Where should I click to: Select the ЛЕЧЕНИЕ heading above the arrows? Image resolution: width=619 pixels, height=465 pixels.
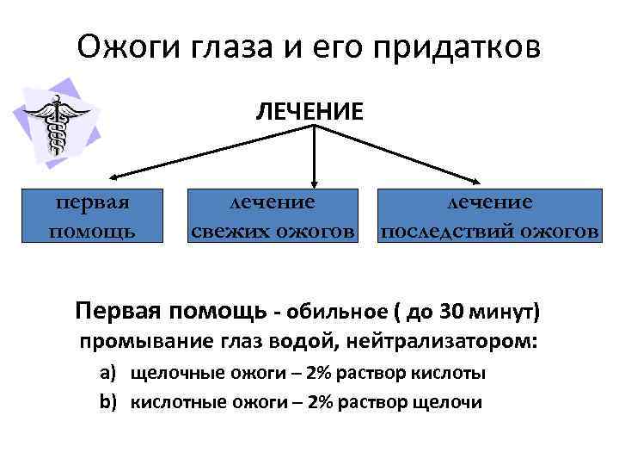(x=308, y=110)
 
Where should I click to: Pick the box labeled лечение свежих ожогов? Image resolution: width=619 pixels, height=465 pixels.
(x=272, y=215)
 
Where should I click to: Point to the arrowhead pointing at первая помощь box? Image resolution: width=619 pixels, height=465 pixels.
(x=109, y=177)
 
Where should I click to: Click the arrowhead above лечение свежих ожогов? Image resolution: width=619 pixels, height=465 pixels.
(x=316, y=181)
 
